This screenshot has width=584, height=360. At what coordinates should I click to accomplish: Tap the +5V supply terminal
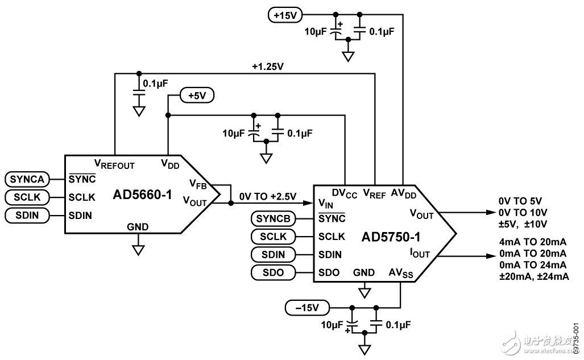(197, 96)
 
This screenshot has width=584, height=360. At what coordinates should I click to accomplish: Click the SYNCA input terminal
(26, 179)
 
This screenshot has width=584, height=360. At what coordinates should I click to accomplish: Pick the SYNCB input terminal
(274, 219)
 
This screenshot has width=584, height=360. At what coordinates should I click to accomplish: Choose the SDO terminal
(274, 272)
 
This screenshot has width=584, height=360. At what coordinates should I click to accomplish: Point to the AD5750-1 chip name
(387, 235)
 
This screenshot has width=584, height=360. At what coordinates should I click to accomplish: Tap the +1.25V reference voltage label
(267, 67)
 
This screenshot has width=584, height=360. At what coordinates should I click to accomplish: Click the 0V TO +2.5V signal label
(267, 196)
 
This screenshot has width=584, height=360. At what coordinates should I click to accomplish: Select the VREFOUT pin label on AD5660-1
(114, 165)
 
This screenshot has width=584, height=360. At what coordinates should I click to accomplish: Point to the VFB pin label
(197, 184)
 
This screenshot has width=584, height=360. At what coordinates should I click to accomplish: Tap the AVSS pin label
(401, 272)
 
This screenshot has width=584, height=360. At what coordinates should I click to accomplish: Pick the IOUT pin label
(419, 254)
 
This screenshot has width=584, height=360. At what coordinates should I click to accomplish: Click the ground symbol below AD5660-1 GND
(138, 249)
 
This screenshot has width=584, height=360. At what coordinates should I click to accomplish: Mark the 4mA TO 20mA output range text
(532, 241)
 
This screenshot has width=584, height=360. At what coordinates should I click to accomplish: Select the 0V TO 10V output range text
(523, 212)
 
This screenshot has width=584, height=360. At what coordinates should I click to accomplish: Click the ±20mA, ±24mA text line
(533, 276)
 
